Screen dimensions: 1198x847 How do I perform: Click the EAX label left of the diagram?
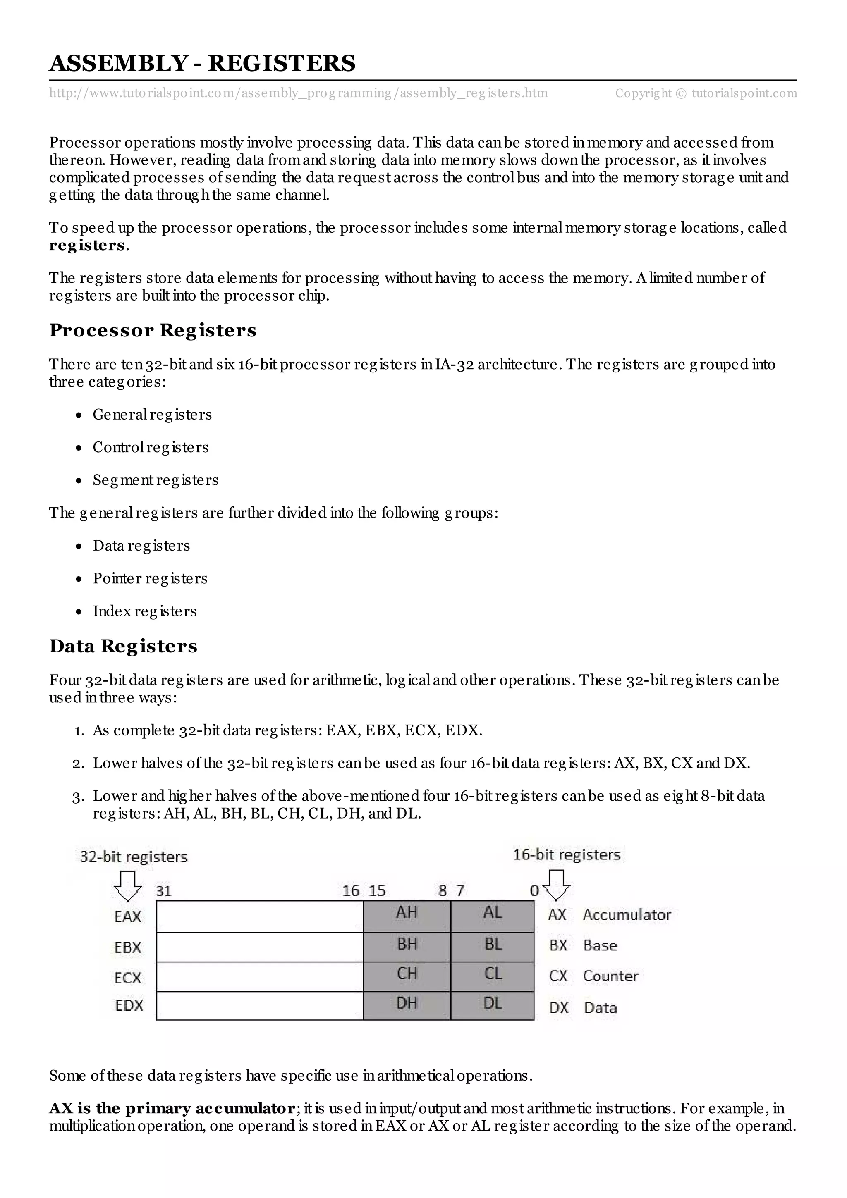[127, 917]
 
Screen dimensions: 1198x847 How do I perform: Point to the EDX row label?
[128, 1005]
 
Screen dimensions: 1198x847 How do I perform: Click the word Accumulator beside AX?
[627, 915]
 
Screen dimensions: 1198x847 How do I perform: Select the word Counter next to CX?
[610, 976]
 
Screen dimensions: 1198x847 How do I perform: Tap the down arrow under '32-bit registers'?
[127, 886]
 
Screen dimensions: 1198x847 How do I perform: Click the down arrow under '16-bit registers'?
[556, 885]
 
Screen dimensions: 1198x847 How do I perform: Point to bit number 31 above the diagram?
[164, 891]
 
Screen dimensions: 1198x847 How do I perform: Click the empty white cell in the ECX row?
[259, 976]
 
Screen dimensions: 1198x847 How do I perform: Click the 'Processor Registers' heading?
[152, 330]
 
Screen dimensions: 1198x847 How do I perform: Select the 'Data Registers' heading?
[123, 646]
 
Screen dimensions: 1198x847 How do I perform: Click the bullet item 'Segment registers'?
[155, 480]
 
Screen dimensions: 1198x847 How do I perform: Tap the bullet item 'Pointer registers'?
[150, 578]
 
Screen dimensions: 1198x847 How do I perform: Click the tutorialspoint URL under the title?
[298, 93]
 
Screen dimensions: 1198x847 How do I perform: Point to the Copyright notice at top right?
[706, 93]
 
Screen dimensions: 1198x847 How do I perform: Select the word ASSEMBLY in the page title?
[118, 63]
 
